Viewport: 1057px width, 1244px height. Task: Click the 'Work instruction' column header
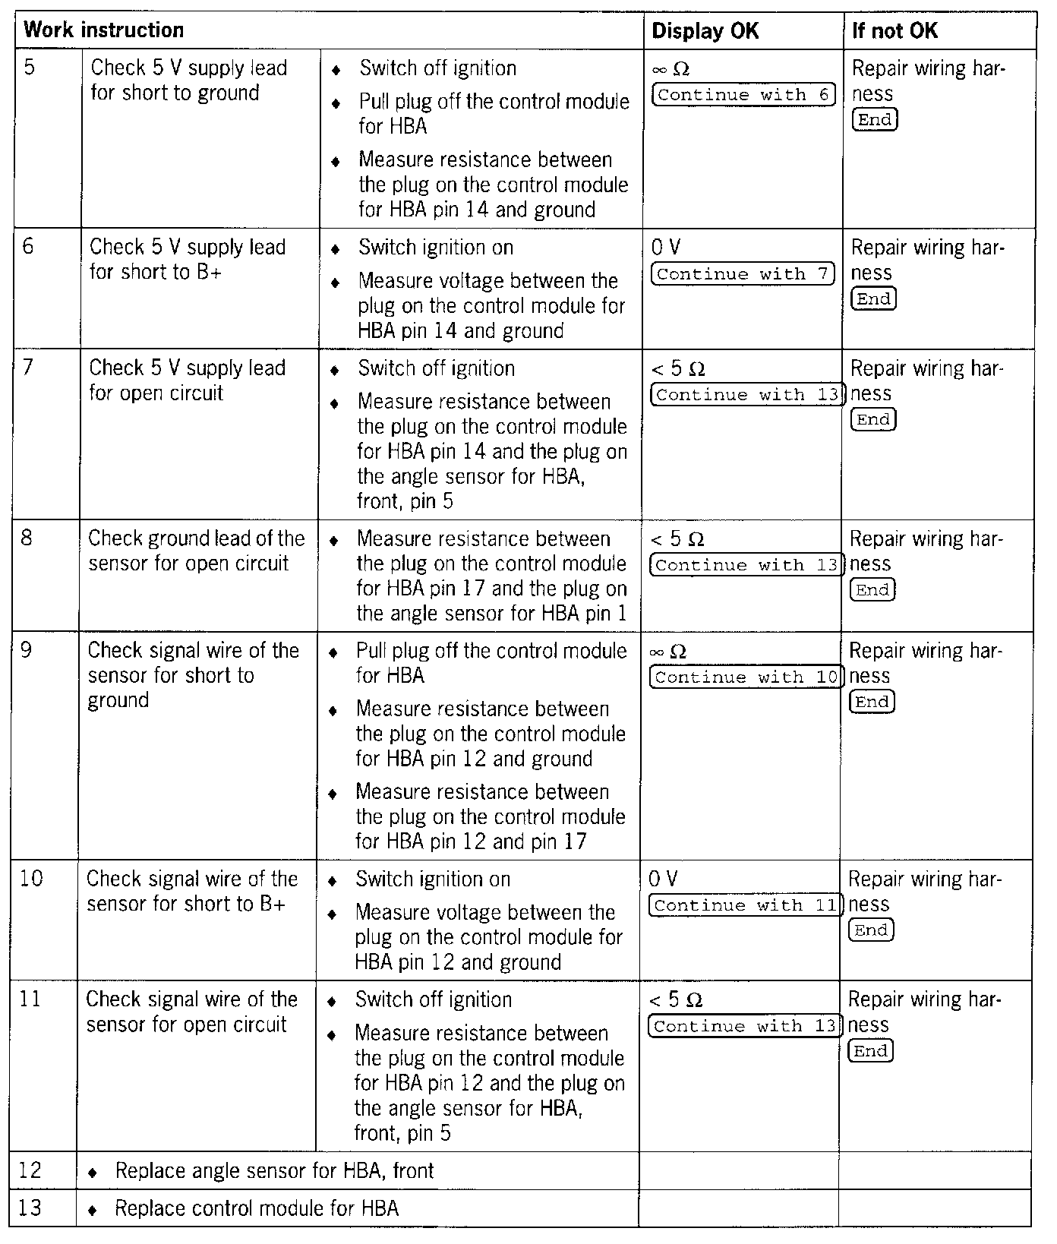[104, 30]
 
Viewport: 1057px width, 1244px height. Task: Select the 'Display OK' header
[705, 31]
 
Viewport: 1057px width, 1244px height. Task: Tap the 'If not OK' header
[895, 31]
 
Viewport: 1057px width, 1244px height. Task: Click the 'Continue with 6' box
[743, 95]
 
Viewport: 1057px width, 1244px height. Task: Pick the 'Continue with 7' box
[742, 274]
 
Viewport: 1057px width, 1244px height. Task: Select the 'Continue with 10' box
[746, 677]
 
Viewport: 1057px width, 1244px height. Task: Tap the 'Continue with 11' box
[745, 905]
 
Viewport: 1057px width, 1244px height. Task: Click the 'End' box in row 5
[875, 120]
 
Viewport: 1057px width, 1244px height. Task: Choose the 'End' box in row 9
[872, 703]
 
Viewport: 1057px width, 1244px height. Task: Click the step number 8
[27, 538]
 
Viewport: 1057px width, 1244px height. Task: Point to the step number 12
[30, 1170]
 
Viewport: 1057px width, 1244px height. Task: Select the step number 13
[30, 1208]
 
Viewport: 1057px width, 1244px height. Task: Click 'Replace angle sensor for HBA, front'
[274, 1171]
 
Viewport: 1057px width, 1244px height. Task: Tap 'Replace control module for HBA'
[256, 1208]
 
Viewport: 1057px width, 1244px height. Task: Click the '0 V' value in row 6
[665, 248]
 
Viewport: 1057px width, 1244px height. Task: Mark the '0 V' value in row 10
[663, 879]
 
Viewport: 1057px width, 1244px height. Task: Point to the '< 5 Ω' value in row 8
[677, 540]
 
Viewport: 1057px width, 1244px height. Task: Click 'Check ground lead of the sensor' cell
[196, 551]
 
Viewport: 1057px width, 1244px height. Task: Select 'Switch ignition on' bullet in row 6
[435, 248]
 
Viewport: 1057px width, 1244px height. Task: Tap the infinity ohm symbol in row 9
[668, 652]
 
